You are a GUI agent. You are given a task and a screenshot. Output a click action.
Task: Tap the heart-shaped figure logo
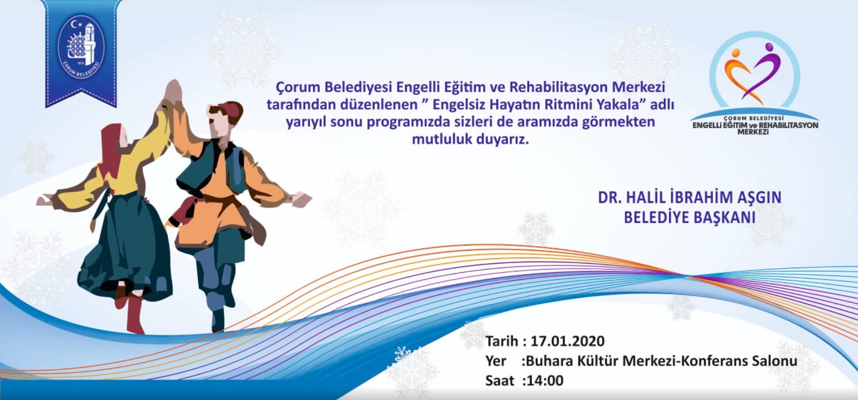click(751, 73)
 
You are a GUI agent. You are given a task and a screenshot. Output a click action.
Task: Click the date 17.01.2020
click(568, 341)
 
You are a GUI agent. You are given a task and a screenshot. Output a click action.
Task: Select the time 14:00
click(545, 381)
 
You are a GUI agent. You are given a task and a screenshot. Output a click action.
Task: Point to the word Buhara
click(551, 361)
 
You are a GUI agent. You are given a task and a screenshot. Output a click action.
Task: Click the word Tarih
click(501, 341)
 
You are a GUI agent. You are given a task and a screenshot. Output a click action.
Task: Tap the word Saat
click(499, 381)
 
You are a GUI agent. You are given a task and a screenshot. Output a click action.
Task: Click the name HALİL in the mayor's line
click(653, 197)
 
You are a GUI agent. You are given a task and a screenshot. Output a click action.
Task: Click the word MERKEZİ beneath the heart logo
click(753, 132)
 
